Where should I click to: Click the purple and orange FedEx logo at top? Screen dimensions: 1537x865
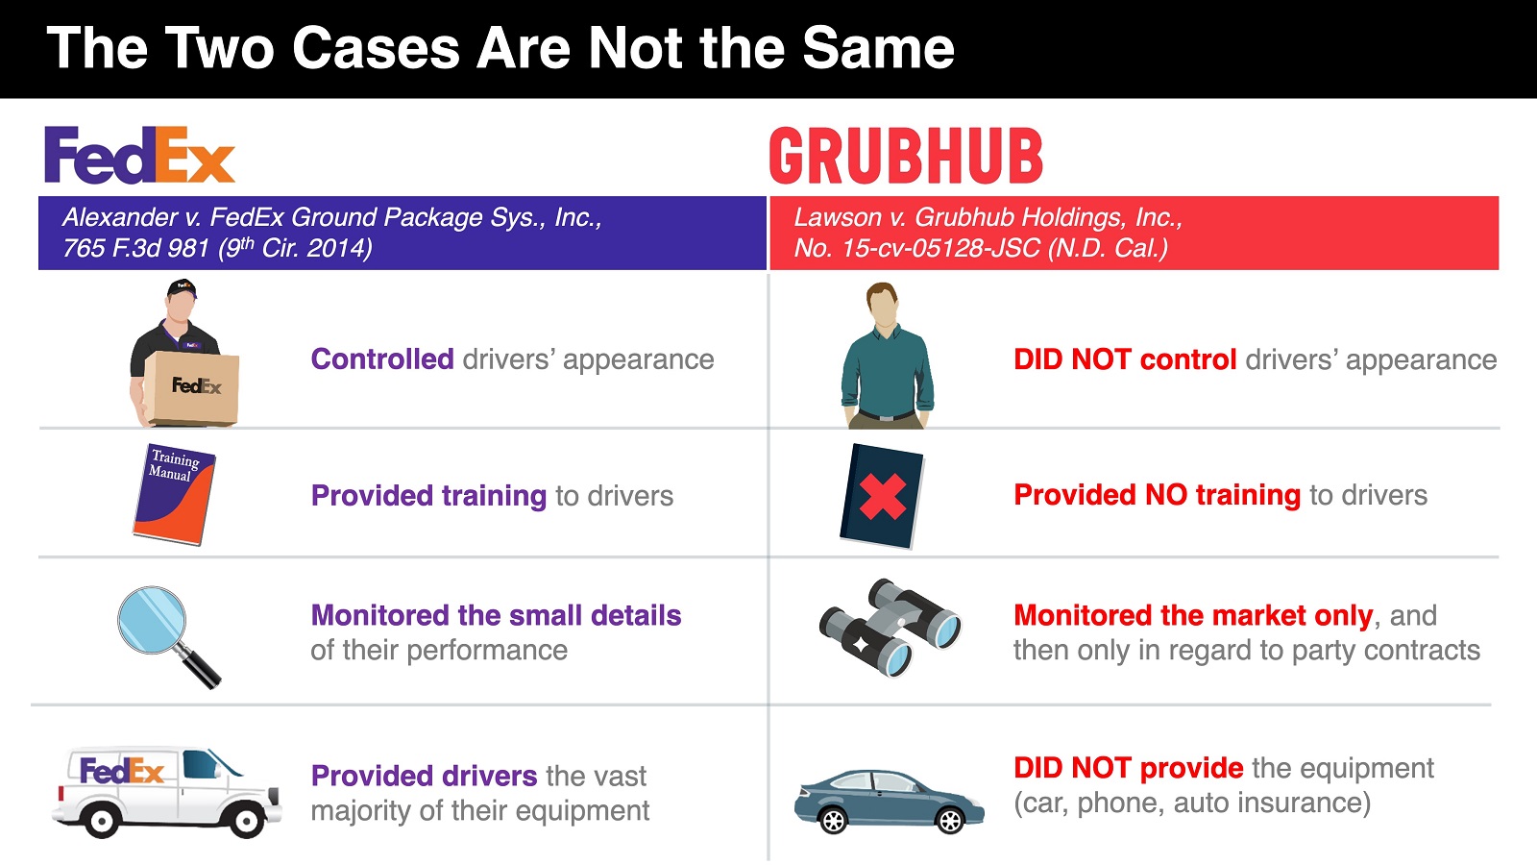pos(140,155)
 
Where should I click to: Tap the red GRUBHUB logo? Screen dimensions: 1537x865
pos(906,156)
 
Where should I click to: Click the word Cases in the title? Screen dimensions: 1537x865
pos(376,48)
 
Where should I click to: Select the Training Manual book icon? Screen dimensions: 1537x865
pos(174,494)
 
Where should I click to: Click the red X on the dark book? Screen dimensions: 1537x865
pos(883,497)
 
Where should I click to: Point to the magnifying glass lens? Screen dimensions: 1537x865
pos(152,620)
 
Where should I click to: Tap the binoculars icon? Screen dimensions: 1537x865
pos(890,626)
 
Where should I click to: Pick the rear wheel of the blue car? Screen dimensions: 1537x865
pos(833,821)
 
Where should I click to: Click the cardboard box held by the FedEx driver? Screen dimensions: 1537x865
pos(192,388)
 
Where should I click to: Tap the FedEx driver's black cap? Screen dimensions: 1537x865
pos(182,287)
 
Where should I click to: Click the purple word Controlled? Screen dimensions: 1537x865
pos(382,359)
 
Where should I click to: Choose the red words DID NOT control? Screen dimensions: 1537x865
pos(1125,359)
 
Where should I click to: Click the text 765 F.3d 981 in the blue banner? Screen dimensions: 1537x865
pos(135,248)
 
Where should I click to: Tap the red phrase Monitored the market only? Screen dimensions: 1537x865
pos(1193,615)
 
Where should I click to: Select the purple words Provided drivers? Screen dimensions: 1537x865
pos(424,776)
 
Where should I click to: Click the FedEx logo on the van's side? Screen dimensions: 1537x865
pos(122,771)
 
